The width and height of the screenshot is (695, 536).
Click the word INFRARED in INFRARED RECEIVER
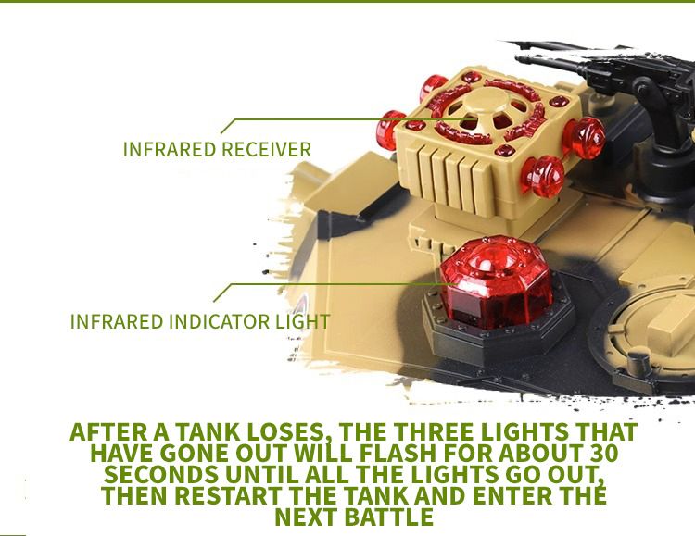170,149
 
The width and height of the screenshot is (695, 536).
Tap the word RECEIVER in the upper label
266,149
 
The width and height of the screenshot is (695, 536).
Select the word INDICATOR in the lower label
220,321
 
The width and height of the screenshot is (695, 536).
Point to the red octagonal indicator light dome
497,281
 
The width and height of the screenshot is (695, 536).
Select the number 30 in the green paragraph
603,454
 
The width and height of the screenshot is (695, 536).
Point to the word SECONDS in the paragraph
161,474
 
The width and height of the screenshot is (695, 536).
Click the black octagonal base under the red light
499,328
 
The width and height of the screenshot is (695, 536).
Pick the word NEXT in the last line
307,517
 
